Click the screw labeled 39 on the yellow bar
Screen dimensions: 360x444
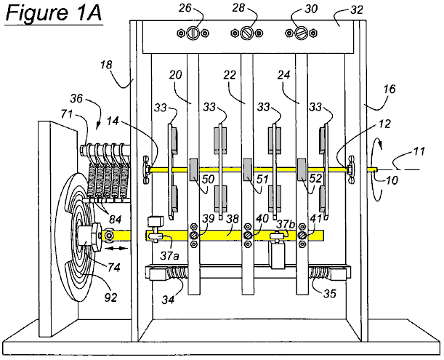193,235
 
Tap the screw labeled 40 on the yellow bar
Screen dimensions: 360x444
248,235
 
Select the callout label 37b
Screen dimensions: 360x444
284,225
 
